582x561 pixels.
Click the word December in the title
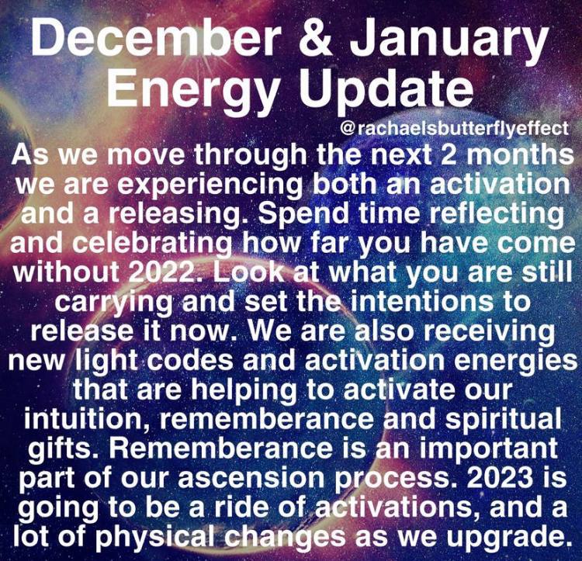[x=155, y=37]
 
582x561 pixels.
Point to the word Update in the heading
[x=386, y=90]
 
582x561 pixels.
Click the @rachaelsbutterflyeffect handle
[x=454, y=129]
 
